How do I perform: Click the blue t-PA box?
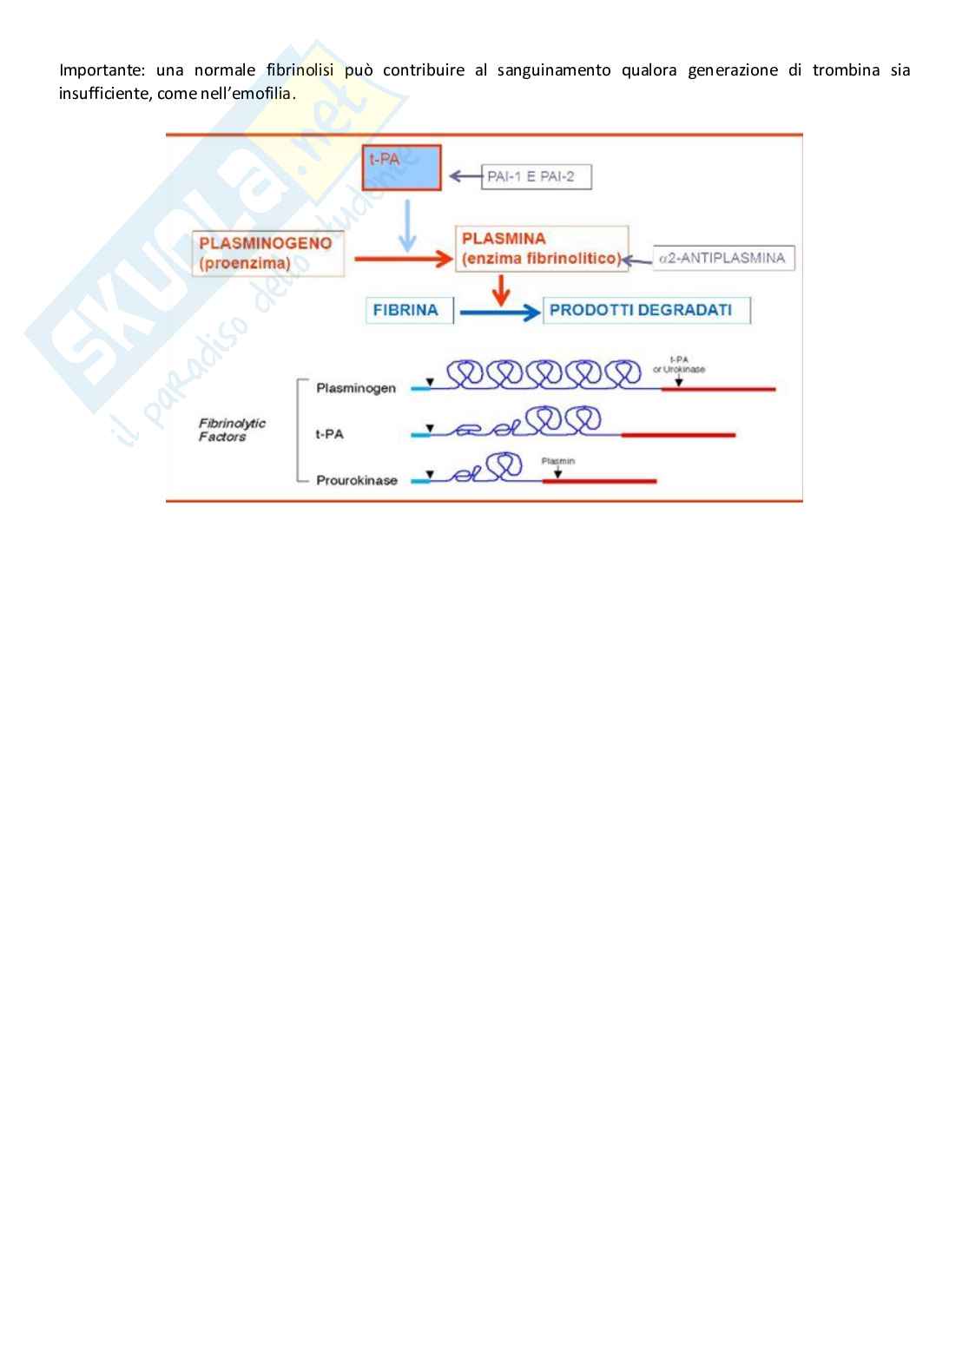401,168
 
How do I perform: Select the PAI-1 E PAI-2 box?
536,177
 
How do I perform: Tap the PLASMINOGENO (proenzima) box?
267,253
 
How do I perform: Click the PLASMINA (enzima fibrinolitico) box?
541,249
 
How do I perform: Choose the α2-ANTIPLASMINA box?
723,258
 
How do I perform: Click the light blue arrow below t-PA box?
406,225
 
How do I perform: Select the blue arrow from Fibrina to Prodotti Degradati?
498,313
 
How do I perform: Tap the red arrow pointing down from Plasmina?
500,290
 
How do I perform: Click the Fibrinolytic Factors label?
232,430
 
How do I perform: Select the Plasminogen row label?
356,388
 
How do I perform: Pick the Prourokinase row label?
356,480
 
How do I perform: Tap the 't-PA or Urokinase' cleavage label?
679,365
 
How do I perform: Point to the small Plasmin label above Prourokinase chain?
557,461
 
